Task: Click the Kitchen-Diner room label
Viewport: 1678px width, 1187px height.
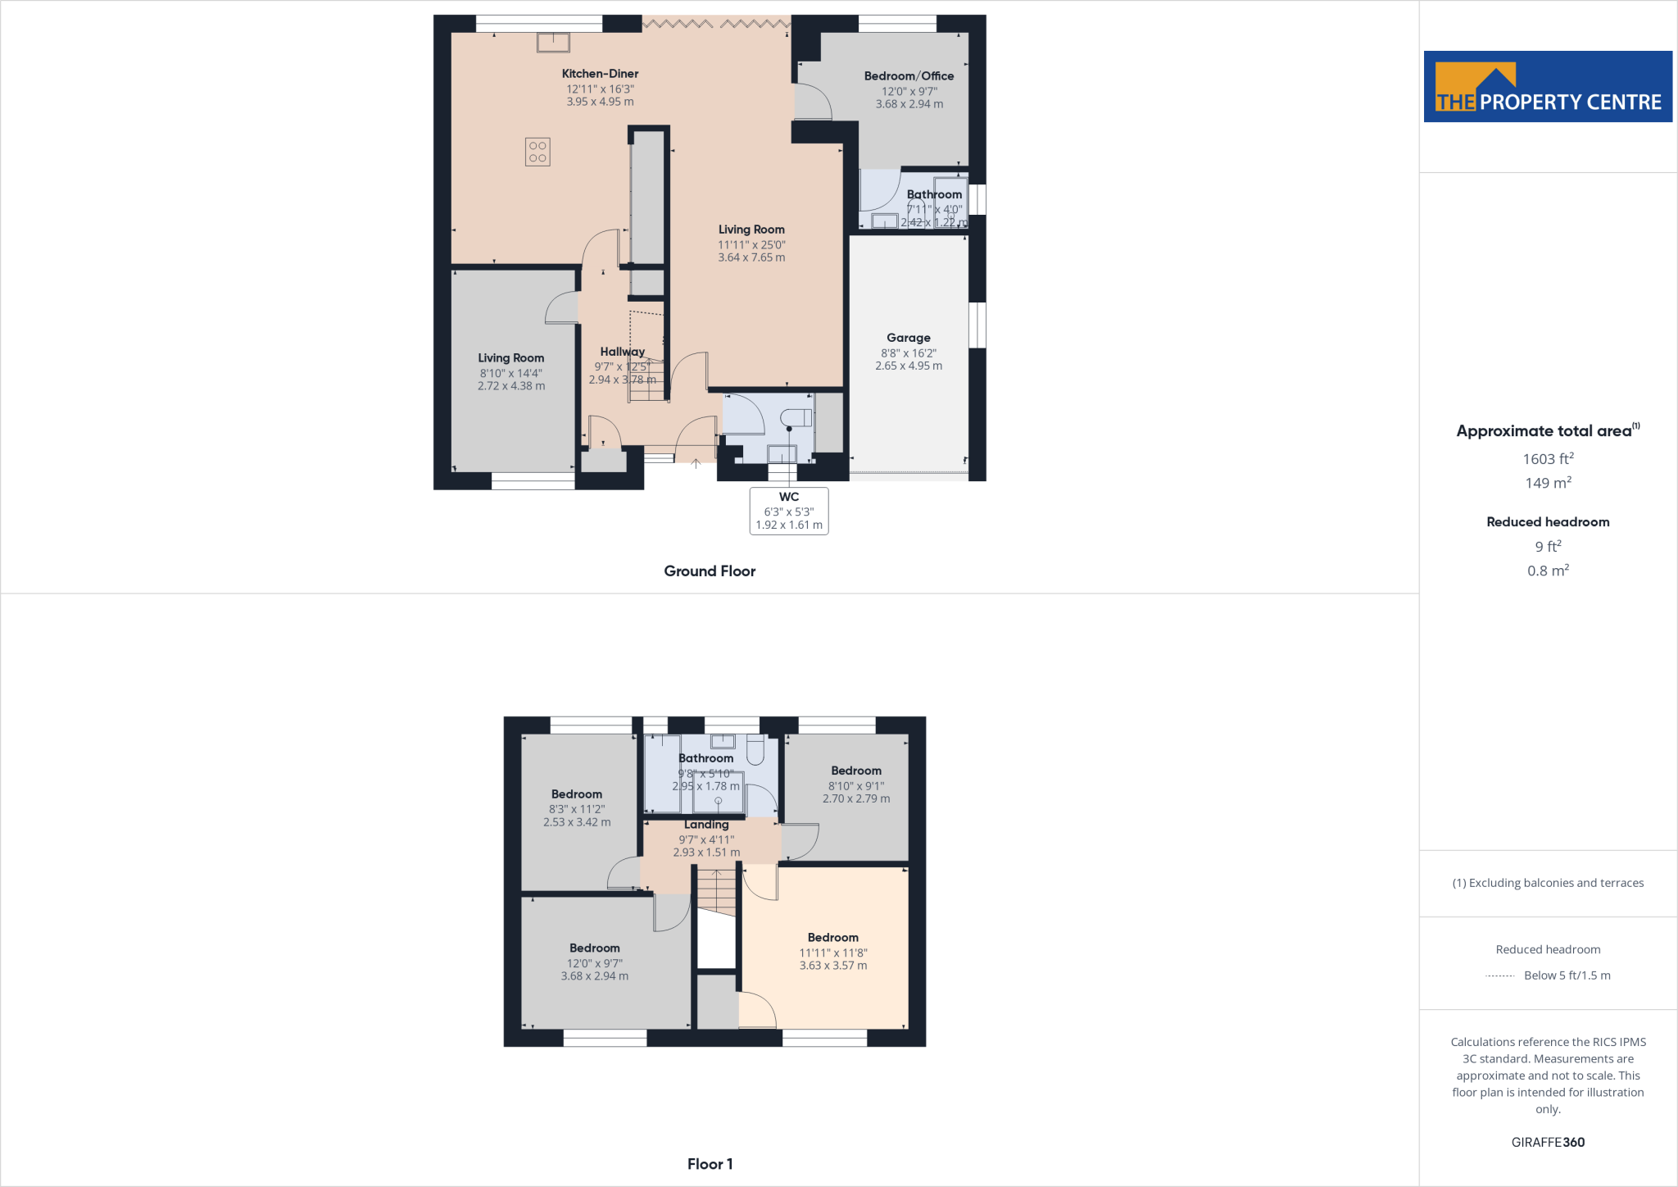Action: coord(600,74)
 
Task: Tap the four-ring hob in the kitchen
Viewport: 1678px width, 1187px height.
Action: coord(537,152)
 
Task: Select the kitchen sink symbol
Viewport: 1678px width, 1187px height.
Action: coord(553,42)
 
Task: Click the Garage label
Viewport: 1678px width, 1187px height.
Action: coord(908,338)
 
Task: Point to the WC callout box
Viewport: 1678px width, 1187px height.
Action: coord(789,511)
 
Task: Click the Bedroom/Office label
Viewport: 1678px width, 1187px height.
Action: coord(909,76)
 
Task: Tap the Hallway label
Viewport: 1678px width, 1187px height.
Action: coord(622,352)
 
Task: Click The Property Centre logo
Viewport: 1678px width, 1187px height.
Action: coord(1548,87)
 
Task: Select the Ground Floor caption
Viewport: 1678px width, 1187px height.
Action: coord(710,571)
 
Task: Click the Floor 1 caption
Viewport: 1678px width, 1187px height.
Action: coord(710,1164)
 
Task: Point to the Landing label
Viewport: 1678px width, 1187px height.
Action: coord(706,825)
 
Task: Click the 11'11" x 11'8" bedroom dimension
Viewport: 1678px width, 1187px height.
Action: coord(833,953)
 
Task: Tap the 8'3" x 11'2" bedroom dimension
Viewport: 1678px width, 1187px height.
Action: coord(577,809)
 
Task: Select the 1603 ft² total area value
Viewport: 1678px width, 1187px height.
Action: coord(1548,459)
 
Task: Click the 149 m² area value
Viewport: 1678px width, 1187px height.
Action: coord(1548,484)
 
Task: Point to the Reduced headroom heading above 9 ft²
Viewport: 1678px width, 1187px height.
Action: coord(1548,522)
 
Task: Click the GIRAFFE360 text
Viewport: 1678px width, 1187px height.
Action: coord(1548,1142)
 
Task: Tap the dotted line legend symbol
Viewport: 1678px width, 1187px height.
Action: coord(1499,976)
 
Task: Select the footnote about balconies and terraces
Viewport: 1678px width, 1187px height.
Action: coord(1548,883)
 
